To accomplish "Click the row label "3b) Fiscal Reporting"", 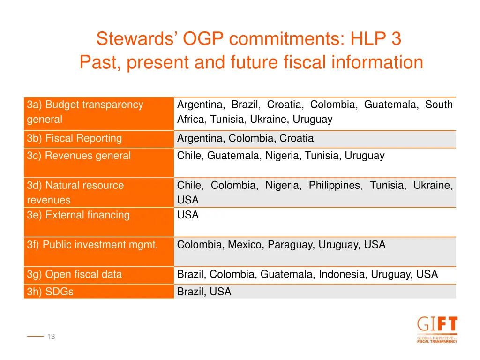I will tap(74, 139).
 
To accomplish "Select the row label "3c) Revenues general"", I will tap(79, 156).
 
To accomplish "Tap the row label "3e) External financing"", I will tap(78, 215).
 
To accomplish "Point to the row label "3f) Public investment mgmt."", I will tap(92, 245).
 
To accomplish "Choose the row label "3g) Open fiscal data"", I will tap(74, 275).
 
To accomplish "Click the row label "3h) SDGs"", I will tap(50, 292).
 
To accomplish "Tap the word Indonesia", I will tap(343, 275).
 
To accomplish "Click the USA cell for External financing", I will tap(188, 215).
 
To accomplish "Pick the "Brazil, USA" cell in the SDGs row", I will tap(204, 292).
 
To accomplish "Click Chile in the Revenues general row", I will tap(189, 156).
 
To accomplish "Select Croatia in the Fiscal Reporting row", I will tap(296, 139).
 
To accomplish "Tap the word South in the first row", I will tap(439, 105).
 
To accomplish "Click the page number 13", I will tap(51, 337).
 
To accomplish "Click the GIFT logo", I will tap(437, 330).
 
